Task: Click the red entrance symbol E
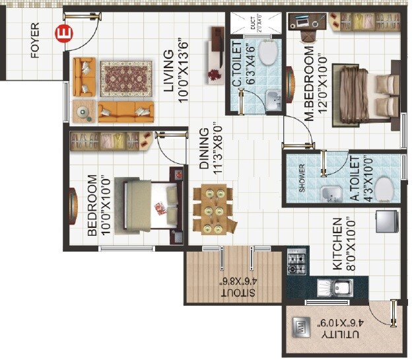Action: [63, 32]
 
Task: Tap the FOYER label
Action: [35, 41]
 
